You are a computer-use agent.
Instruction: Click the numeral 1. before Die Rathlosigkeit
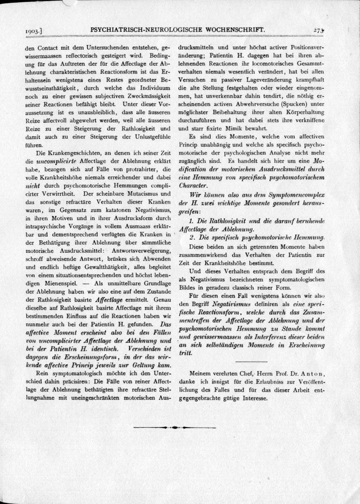192,221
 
